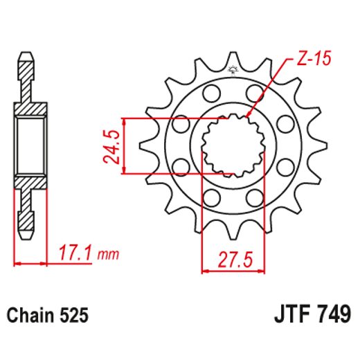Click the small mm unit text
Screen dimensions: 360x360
(106, 256)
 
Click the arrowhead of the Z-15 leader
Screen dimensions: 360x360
(247, 115)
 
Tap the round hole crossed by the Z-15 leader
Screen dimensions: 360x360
(254, 93)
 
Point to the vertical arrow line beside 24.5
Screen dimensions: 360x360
(123, 145)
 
